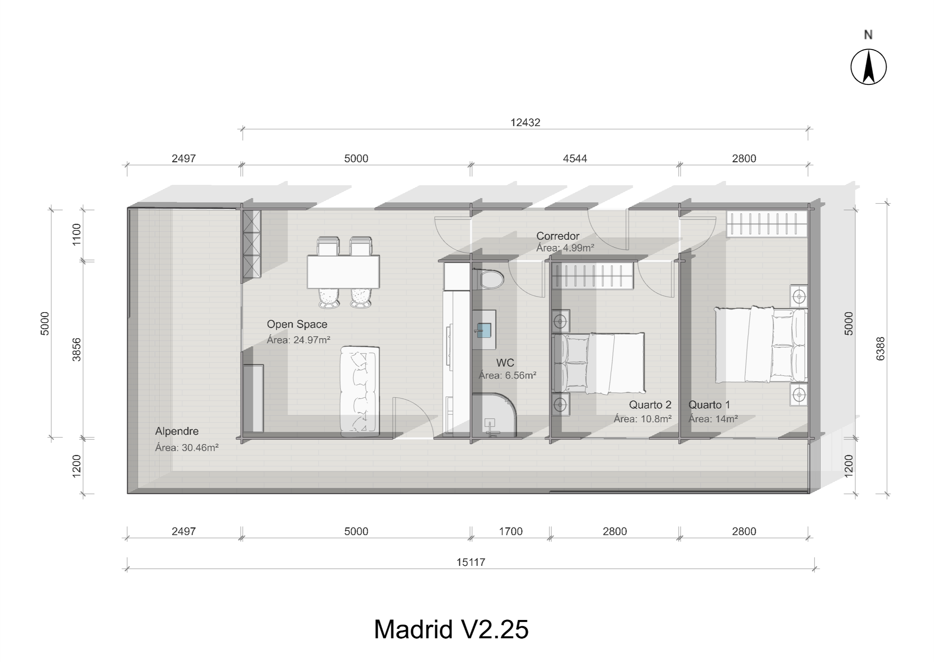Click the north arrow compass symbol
868,67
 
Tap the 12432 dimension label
525,122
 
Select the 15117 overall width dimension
471,562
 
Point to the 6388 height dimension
880,349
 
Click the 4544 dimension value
575,158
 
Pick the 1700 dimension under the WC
511,531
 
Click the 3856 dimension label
77,349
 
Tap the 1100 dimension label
77,235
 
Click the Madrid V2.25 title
451,629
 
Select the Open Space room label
297,324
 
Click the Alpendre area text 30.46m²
187,447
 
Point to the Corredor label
557,235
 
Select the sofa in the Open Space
360,390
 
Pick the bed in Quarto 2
599,363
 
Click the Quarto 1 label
709,405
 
